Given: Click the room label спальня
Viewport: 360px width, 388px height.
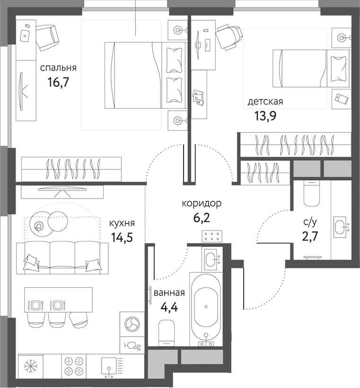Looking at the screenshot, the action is [x=58, y=68].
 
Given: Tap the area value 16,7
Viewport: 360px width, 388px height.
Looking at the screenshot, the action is [x=58, y=82].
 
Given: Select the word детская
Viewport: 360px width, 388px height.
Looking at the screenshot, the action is [x=265, y=102].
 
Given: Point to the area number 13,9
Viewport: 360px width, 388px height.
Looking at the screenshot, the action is [x=265, y=116].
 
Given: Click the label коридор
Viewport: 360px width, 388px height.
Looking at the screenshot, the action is [x=202, y=204].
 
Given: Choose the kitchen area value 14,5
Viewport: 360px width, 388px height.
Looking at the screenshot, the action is [x=122, y=238].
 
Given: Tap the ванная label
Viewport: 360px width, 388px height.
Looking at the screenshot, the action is [x=169, y=293].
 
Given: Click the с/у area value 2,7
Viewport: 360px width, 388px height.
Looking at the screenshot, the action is [x=310, y=236].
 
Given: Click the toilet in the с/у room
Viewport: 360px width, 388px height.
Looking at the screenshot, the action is [x=312, y=194].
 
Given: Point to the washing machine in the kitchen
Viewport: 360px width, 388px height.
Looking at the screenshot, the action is [x=132, y=324].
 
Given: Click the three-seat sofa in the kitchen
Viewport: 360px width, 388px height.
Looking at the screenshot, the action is [x=62, y=258].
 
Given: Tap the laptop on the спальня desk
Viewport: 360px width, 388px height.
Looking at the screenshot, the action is [x=25, y=35].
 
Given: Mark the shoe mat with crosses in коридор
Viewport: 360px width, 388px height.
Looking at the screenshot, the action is [x=212, y=236].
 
